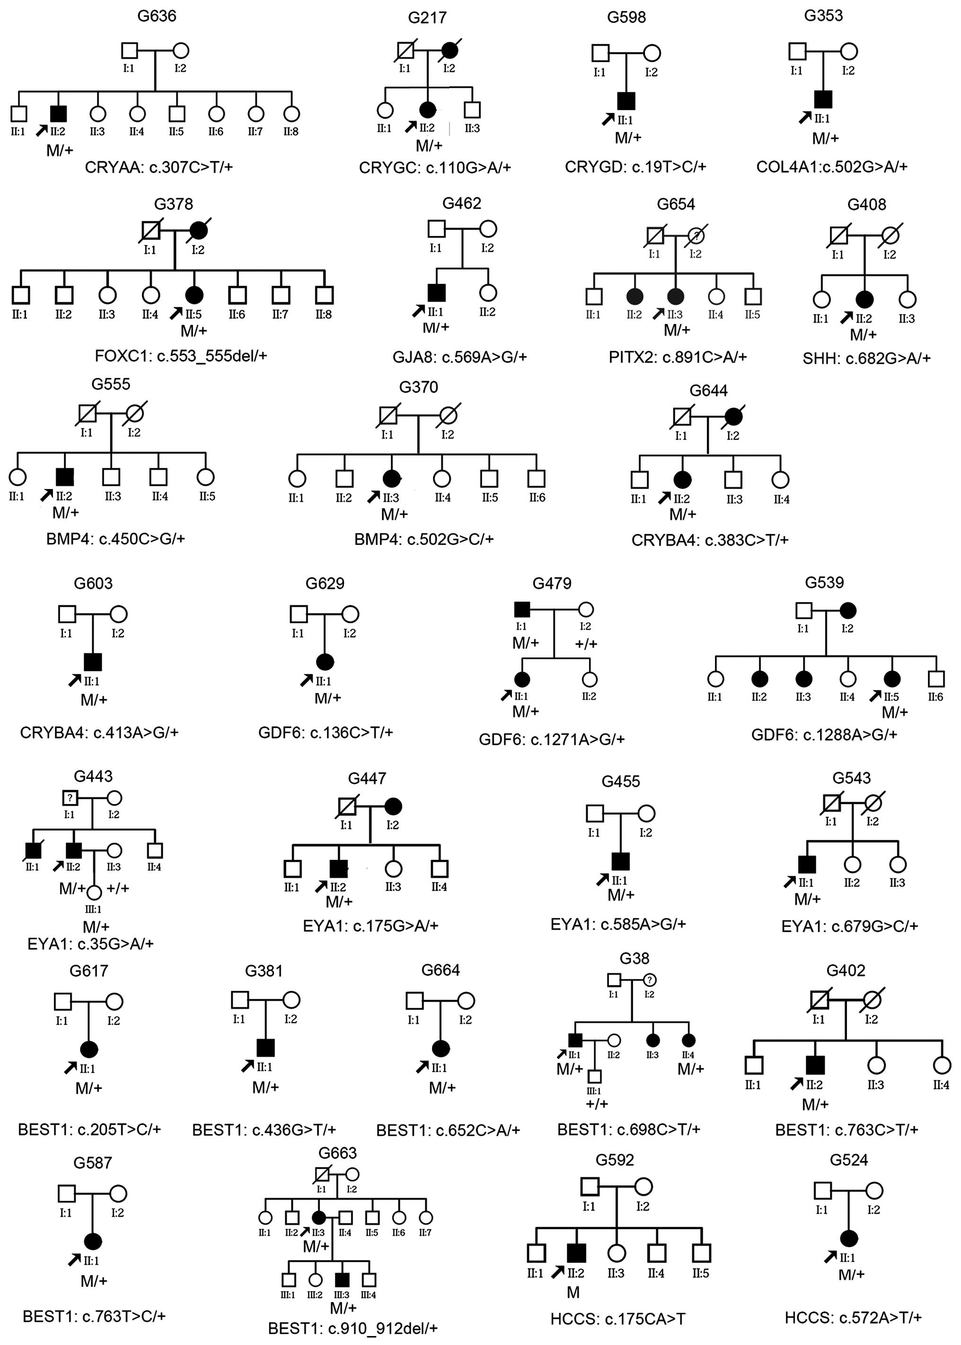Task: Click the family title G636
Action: pyautogui.click(x=156, y=16)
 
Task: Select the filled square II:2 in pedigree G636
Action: pyautogui.click(x=58, y=113)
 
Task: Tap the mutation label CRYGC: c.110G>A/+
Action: pyautogui.click(x=435, y=167)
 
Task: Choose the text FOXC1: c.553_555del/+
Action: pyautogui.click(x=181, y=356)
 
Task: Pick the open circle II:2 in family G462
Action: pyautogui.click(x=488, y=292)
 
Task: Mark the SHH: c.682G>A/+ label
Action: pyautogui.click(x=866, y=358)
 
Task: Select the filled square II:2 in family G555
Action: pyautogui.click(x=64, y=476)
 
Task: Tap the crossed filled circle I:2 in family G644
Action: pyautogui.click(x=733, y=417)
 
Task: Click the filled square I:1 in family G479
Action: pyautogui.click(x=521, y=609)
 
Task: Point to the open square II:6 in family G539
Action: pyautogui.click(x=936, y=679)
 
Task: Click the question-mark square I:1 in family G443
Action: pyautogui.click(x=70, y=798)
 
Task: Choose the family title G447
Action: pyautogui.click(x=367, y=778)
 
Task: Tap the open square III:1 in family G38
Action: pyautogui.click(x=595, y=1076)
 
